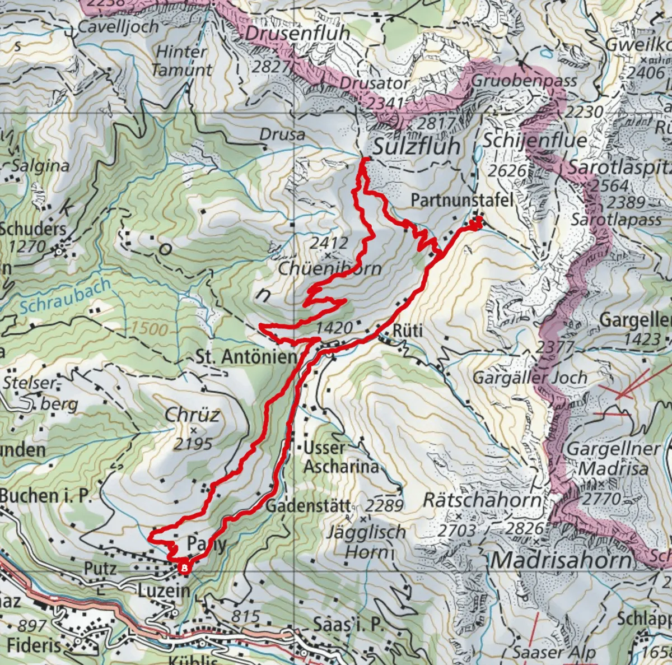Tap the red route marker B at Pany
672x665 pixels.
coord(184,568)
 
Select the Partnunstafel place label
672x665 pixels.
coord(462,200)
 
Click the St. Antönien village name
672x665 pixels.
coord(246,357)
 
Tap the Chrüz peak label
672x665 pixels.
coord(192,415)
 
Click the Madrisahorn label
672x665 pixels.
coord(561,560)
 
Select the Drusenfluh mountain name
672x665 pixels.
coord(297,34)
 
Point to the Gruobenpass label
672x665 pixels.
coord(524,81)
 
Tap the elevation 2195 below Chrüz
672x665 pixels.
coord(193,444)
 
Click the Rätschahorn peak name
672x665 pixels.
coord(482,500)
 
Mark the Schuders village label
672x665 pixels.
coord(33,229)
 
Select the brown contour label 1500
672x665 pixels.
coord(150,328)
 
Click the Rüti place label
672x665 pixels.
coord(407,331)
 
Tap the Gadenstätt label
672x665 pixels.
coord(308,506)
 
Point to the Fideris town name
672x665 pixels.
coord(34,645)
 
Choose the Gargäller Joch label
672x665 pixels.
coord(530,378)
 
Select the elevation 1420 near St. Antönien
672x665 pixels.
coord(334,328)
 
